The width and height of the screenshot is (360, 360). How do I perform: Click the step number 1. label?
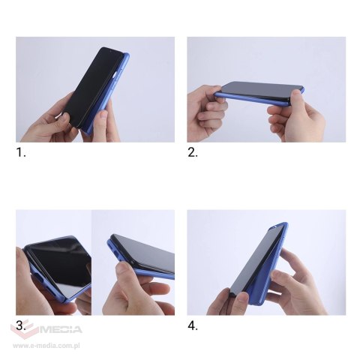point(22,152)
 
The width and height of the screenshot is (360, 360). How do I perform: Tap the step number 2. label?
point(193,152)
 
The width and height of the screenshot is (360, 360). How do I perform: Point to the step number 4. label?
point(193,325)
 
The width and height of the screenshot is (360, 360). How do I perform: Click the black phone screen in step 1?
point(88,86)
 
